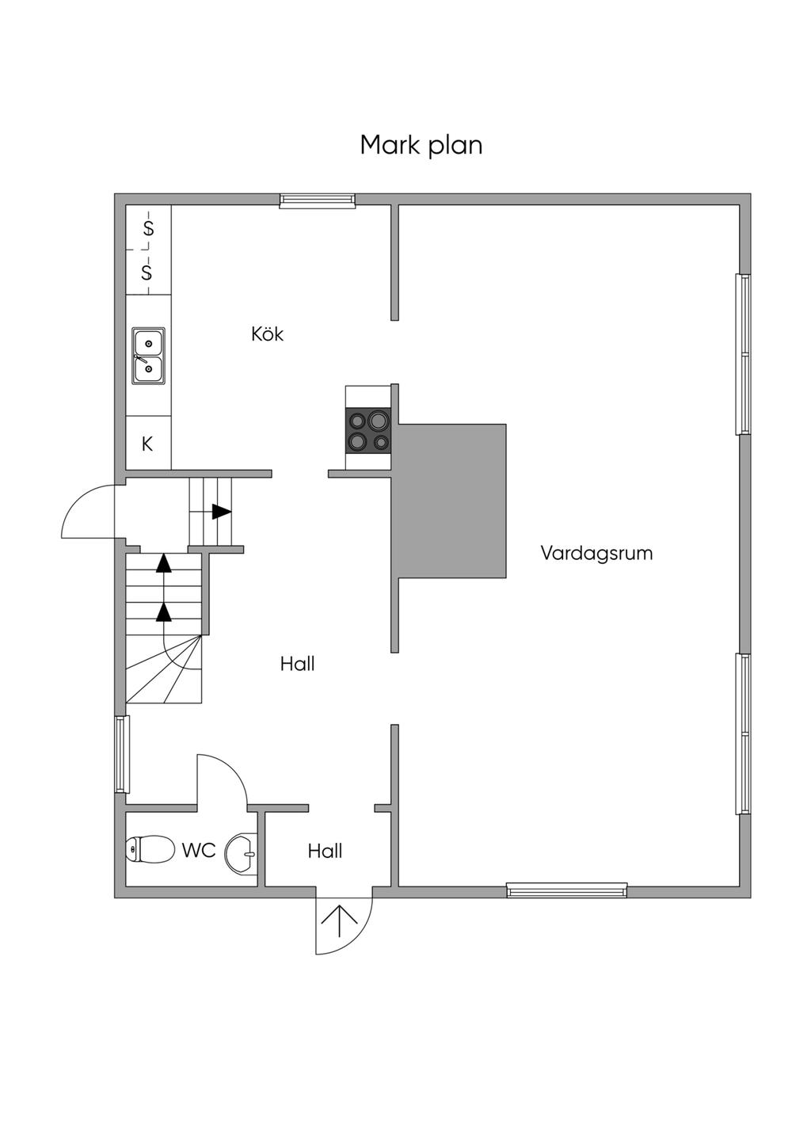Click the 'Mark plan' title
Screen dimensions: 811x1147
421,146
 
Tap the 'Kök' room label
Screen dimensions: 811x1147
267,333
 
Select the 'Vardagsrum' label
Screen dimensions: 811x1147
596,554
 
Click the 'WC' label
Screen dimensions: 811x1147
199,851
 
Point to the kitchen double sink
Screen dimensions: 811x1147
149,356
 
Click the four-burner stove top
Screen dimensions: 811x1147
368,431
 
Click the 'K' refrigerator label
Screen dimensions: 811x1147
147,444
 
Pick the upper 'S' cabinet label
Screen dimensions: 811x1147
148,227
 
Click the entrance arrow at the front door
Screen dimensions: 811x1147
340,921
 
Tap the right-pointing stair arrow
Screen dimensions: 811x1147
221,511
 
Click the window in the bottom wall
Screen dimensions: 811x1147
567,890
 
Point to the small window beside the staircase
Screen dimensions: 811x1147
121,754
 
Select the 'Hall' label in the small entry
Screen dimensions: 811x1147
326,851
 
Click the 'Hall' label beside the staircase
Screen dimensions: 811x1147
298,664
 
